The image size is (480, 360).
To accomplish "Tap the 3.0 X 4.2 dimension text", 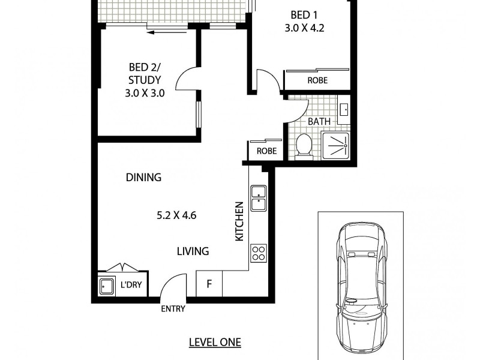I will (304, 28).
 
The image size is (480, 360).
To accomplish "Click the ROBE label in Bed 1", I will (317, 80).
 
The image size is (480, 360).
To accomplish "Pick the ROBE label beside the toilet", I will (266, 151).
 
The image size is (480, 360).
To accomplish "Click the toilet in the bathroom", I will (304, 146).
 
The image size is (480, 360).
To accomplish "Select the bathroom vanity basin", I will (344, 110).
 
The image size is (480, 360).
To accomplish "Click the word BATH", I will (319, 122).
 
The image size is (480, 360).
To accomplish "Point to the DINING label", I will (144, 178).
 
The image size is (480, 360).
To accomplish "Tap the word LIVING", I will (193, 251).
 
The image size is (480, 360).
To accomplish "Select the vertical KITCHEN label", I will (239, 221).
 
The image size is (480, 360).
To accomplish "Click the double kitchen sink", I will (259, 199).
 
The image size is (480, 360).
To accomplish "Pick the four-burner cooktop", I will (259, 253).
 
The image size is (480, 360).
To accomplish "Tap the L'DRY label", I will (131, 286).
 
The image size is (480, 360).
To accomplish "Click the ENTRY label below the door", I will (173, 310).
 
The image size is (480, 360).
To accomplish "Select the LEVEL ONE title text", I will (215, 343).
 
